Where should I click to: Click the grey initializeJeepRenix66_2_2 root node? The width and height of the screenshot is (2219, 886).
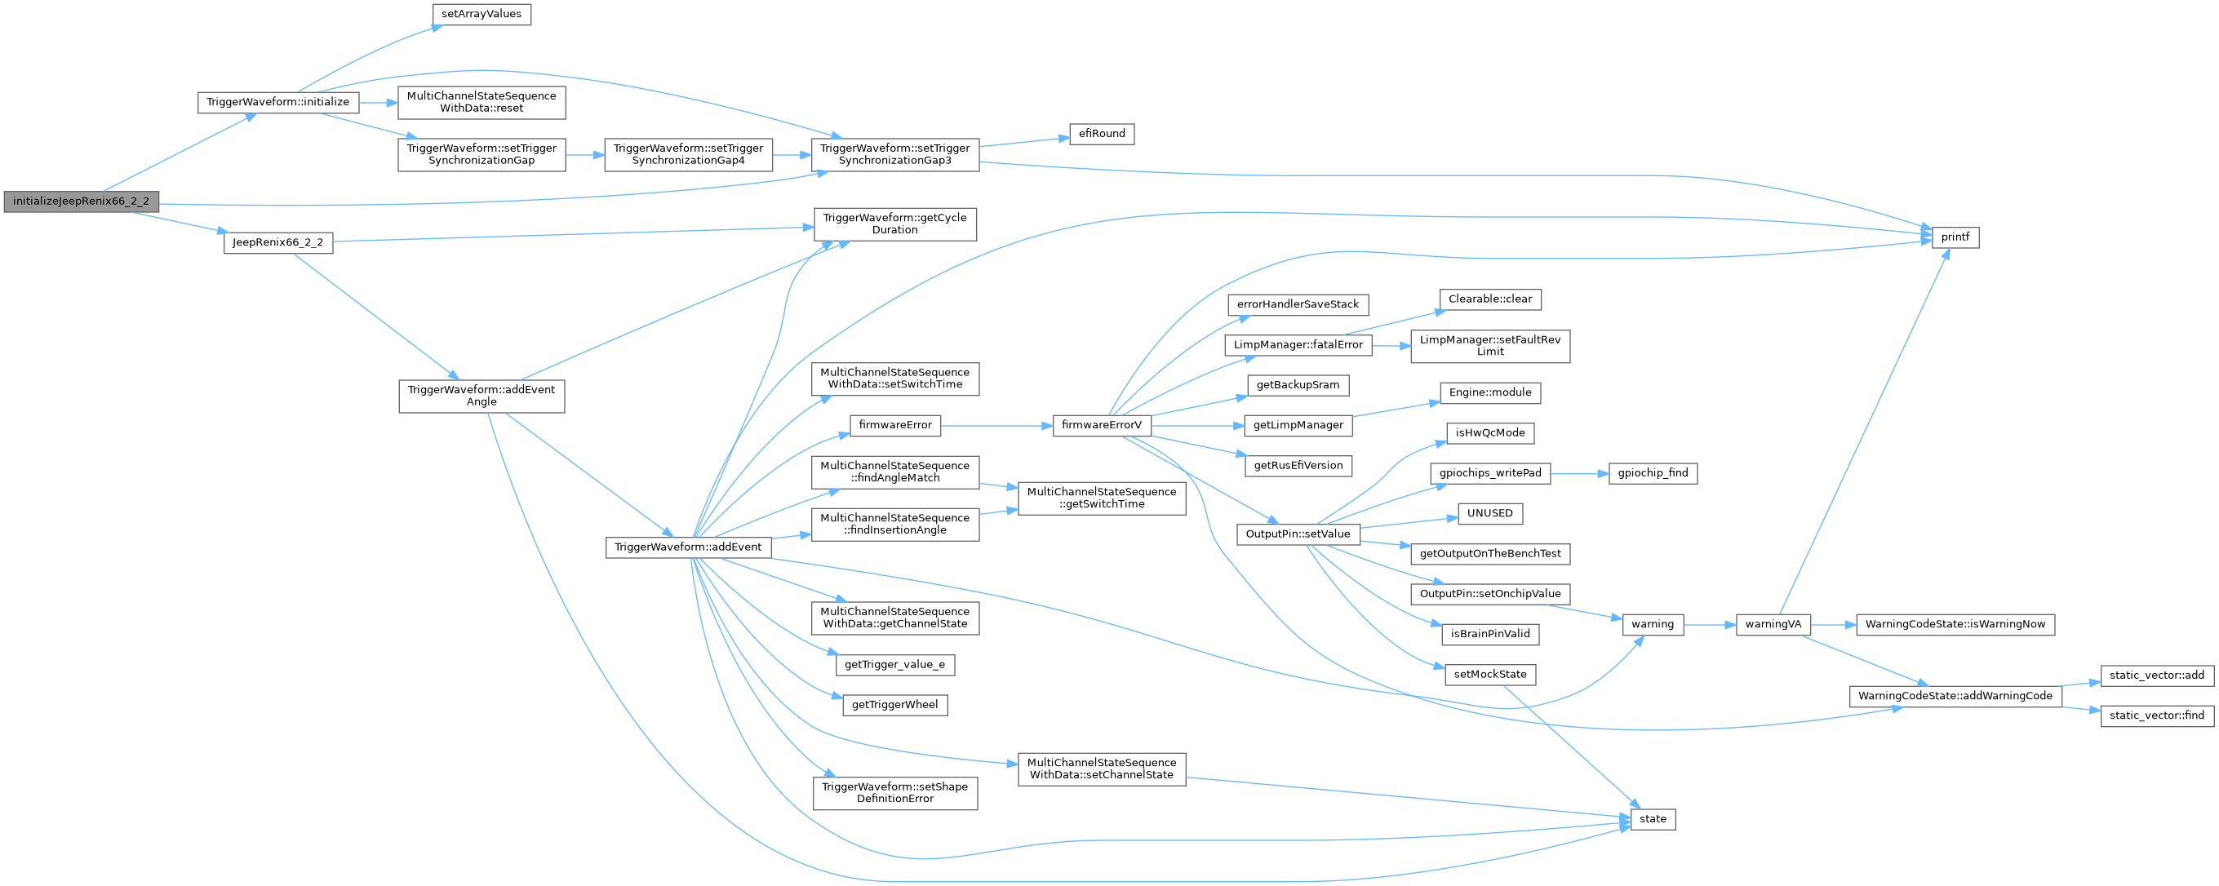pyautogui.click(x=81, y=202)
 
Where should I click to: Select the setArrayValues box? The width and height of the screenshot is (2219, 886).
pyautogui.click(x=481, y=15)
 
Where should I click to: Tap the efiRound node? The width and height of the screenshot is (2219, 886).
pyautogui.click(x=1102, y=135)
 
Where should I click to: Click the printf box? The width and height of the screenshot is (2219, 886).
pyautogui.click(x=1955, y=237)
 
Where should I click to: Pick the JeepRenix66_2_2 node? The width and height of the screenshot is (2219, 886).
pyautogui.click(x=278, y=243)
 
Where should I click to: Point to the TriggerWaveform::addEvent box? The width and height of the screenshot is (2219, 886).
pyautogui.click(x=687, y=547)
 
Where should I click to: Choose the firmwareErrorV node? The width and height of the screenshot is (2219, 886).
pyautogui.click(x=1102, y=425)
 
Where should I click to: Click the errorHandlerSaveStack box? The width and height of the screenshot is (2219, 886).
pyautogui.click(x=1298, y=305)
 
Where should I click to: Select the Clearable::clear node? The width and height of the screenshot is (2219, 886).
pyautogui.click(x=1490, y=299)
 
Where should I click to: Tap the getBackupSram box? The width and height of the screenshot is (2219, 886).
pyautogui.click(x=1298, y=385)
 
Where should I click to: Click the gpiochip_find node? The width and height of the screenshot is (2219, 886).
pyautogui.click(x=1652, y=473)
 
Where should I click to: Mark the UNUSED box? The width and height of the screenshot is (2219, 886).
pyautogui.click(x=1489, y=514)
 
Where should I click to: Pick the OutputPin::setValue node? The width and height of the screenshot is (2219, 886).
pyautogui.click(x=1298, y=534)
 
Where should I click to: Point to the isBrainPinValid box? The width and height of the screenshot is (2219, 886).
pyautogui.click(x=1490, y=635)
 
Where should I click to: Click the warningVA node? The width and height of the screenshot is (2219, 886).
pyautogui.click(x=1773, y=624)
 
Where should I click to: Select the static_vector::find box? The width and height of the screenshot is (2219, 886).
pyautogui.click(x=2157, y=715)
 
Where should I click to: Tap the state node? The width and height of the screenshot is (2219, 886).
pyautogui.click(x=1652, y=820)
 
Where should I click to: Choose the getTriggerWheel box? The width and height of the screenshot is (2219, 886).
pyautogui.click(x=894, y=705)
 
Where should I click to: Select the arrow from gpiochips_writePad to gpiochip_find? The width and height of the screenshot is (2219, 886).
pyautogui.click(x=1579, y=473)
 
